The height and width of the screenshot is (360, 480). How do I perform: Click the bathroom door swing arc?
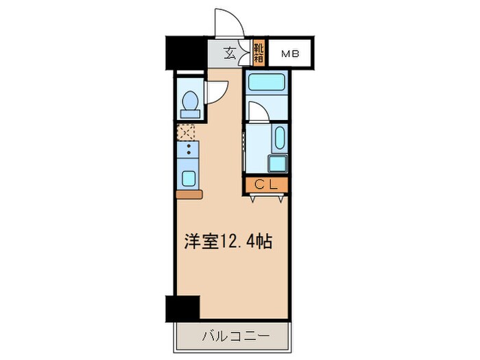click(x=258, y=112)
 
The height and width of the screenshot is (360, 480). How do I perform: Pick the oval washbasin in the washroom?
click(x=279, y=139)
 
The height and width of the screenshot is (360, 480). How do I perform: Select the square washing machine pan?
click(x=278, y=165)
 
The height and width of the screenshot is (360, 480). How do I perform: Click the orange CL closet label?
click(x=265, y=184)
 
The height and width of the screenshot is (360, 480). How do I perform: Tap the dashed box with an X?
click(x=186, y=132)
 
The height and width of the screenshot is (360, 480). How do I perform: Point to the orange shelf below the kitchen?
click(x=189, y=195)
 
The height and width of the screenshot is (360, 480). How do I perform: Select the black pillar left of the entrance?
click(x=186, y=53)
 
